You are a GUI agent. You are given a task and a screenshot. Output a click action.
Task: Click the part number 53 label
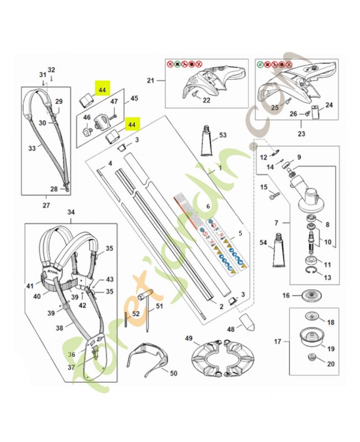pos(223,135)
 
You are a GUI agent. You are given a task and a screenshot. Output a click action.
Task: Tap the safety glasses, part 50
pos(147,359)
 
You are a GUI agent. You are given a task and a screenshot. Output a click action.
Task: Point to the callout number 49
pos(188,338)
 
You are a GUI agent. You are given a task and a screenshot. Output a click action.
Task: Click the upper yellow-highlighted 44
pos(102,90)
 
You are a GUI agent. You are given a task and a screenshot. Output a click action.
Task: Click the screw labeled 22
pos(197,96)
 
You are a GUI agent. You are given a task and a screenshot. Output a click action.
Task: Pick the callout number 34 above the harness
pos(71,212)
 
